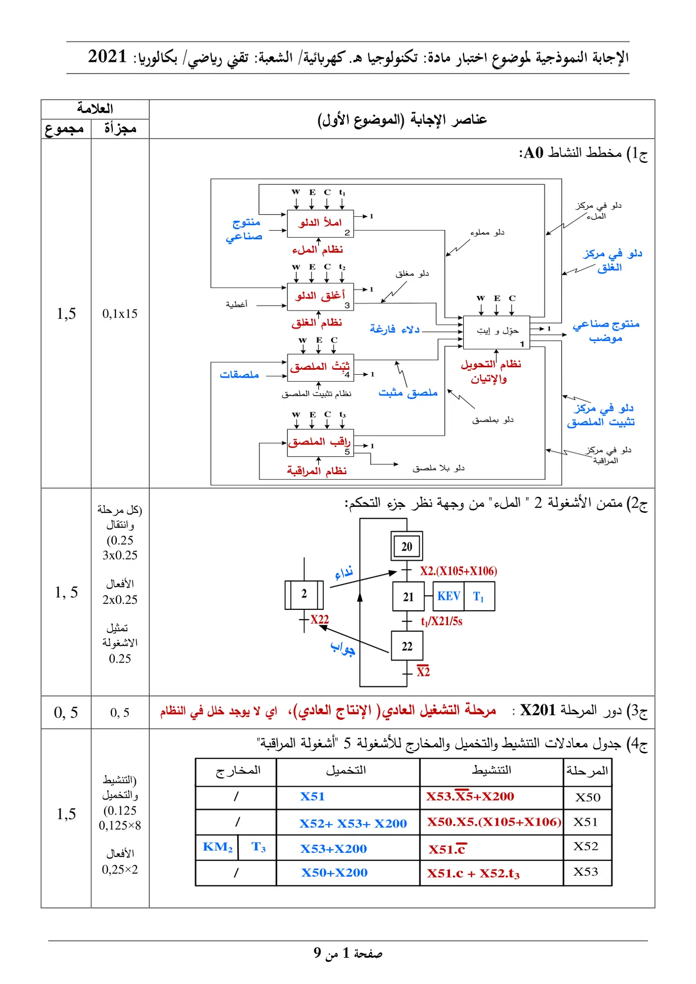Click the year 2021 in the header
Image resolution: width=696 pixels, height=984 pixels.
point(107,57)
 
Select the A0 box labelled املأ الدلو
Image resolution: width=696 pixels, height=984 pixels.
point(320,224)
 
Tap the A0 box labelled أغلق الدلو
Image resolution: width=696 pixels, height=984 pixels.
point(320,297)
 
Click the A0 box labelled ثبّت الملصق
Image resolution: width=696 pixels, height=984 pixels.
point(320,368)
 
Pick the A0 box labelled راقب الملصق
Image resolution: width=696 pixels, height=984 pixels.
point(320,443)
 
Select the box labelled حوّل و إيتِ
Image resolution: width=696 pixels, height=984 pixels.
point(496,332)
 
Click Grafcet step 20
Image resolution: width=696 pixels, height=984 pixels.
point(407,547)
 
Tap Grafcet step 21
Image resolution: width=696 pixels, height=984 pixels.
point(408,596)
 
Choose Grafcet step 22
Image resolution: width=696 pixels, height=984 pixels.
point(407,646)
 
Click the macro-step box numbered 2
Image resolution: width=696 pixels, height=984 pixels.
point(304,595)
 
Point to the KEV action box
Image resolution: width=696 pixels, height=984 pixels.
point(449,596)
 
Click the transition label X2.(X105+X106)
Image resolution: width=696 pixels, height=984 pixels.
point(458,571)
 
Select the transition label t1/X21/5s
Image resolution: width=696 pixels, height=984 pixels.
point(441,621)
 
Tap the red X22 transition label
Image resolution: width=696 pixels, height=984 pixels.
point(320,619)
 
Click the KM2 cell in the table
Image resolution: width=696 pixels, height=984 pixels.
point(217,847)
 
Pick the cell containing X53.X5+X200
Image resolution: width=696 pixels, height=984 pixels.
point(470,797)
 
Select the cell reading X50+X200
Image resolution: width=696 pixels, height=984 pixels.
point(334,873)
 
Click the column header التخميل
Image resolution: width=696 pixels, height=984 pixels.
point(346,770)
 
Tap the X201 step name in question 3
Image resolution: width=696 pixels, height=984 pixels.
point(537,710)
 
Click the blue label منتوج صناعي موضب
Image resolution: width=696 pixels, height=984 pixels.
point(606,331)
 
